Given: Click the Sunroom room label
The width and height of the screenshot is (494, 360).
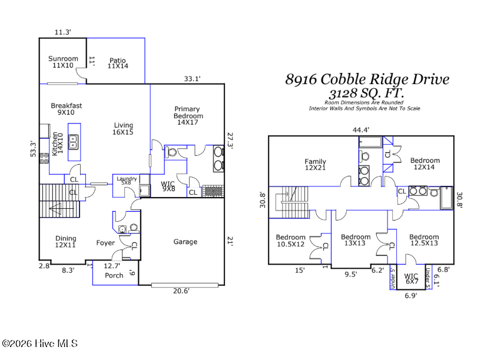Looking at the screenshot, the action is point(63,62).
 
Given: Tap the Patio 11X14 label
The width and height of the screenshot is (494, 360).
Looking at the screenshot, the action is point(118,63).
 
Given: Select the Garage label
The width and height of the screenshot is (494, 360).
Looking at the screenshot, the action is point(185,242).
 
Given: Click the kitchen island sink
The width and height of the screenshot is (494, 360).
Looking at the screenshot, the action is point(74,142).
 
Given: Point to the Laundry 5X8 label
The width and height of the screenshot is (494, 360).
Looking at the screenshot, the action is point(127,181).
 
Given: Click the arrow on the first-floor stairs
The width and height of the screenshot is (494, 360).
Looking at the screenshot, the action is point(61,208).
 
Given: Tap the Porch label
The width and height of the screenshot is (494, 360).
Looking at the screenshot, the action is point(114,275).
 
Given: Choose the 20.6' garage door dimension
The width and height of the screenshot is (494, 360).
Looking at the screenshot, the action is point(181,291).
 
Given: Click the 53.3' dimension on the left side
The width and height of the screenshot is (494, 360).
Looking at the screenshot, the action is point(34,149).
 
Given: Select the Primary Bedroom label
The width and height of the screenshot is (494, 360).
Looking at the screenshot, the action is point(188,115).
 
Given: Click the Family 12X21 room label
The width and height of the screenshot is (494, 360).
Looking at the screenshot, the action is point(315,164).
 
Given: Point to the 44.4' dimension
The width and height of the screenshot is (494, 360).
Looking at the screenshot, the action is point(361,129).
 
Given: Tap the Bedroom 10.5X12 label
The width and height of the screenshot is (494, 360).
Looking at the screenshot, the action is point(290,241).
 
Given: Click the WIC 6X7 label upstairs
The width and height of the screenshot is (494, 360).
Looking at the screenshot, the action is point(411,279).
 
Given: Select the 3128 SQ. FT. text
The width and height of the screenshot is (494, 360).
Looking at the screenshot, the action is point(366,94).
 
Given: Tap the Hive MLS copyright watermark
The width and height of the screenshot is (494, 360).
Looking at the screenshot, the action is point(39,344).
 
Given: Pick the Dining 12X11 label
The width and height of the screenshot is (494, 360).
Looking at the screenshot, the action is point(65,242).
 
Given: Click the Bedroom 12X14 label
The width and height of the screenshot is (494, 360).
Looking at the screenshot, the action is point(425,164).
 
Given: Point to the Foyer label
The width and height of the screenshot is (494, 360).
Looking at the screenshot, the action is point(105,243).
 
